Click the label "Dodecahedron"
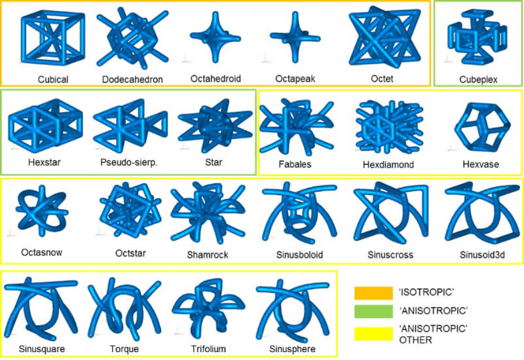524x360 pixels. (x=132, y=79)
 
